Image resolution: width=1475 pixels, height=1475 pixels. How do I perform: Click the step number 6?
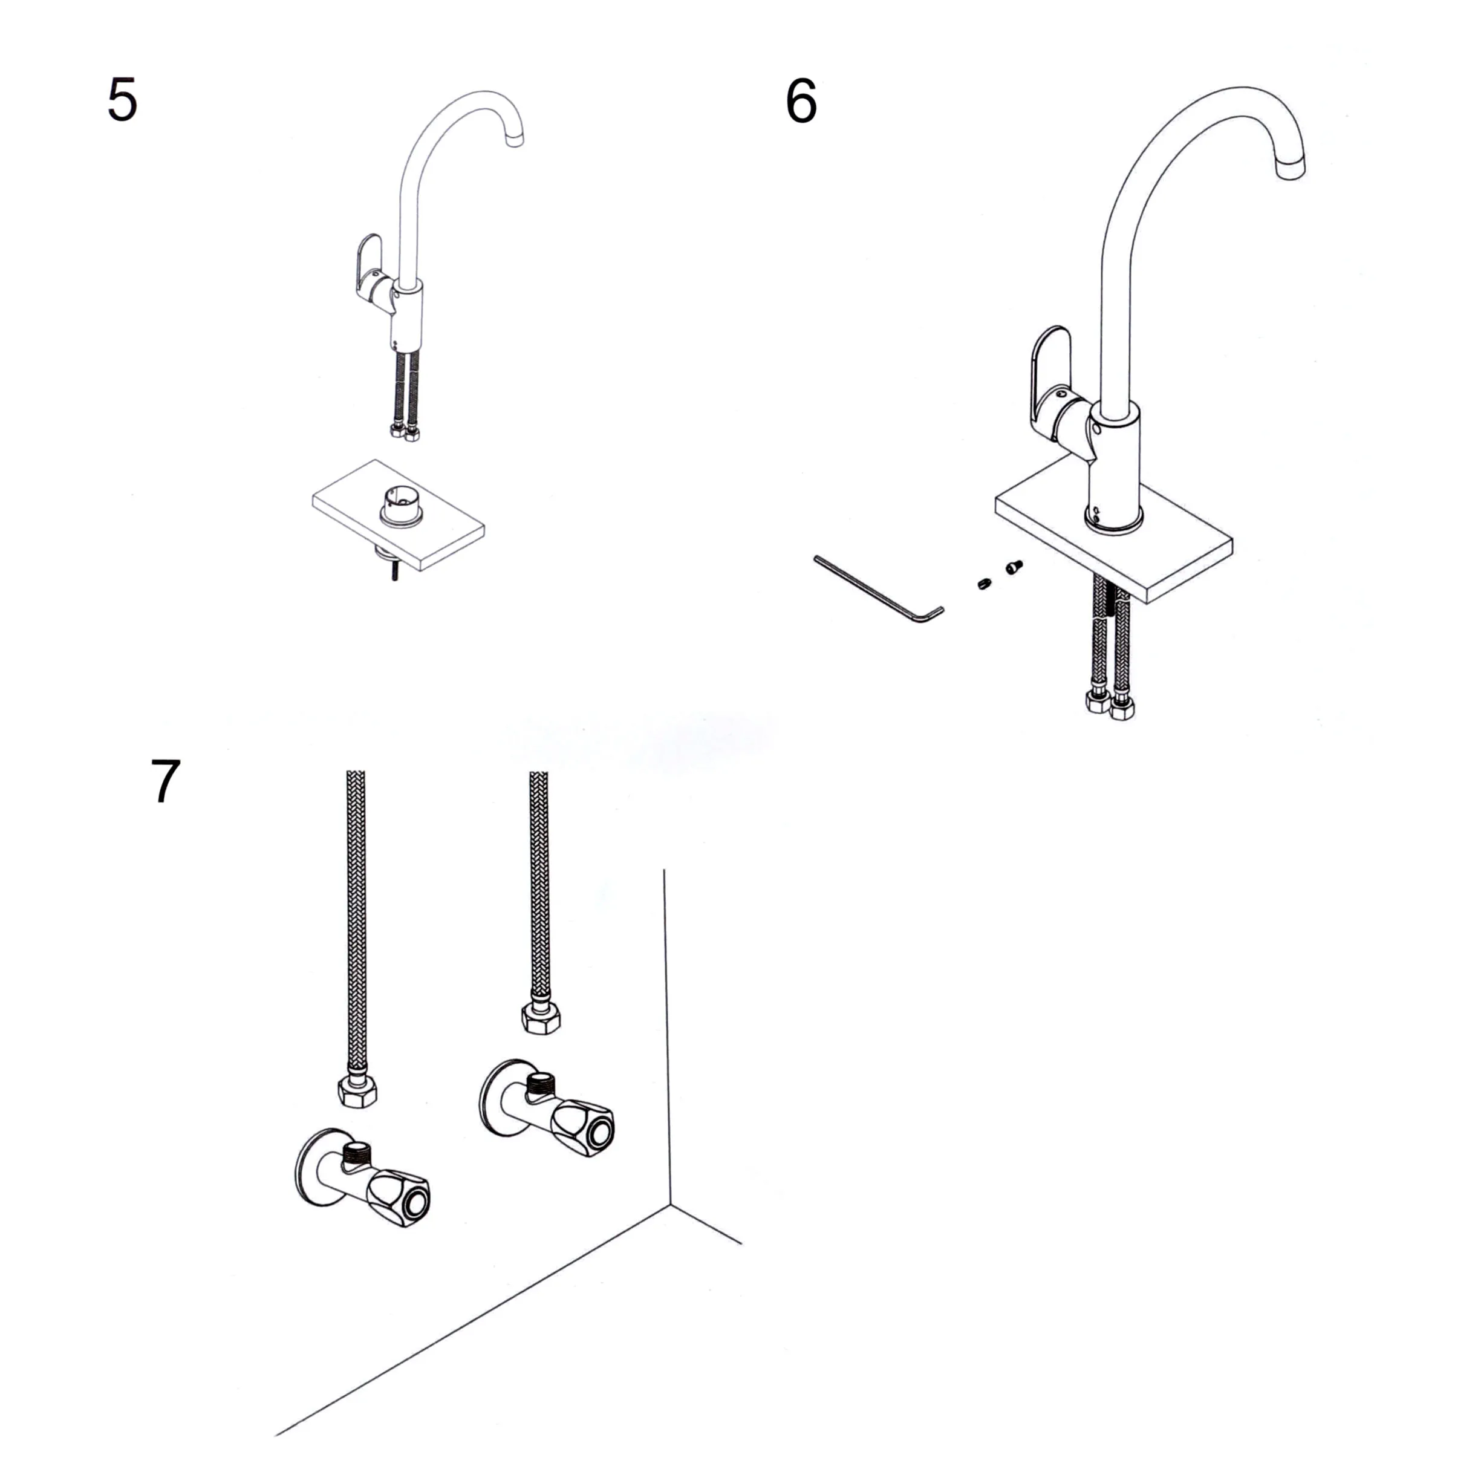coord(801,102)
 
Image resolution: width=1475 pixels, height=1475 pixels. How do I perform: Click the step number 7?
coord(166,781)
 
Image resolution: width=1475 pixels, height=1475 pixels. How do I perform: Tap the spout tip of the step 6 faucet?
coord(1290,166)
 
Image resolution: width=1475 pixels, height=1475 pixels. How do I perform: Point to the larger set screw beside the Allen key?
coord(1014,567)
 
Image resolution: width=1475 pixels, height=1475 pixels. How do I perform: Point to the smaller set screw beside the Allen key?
coord(984,585)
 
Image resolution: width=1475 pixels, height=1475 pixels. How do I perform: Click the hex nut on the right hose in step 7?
coord(541,1018)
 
